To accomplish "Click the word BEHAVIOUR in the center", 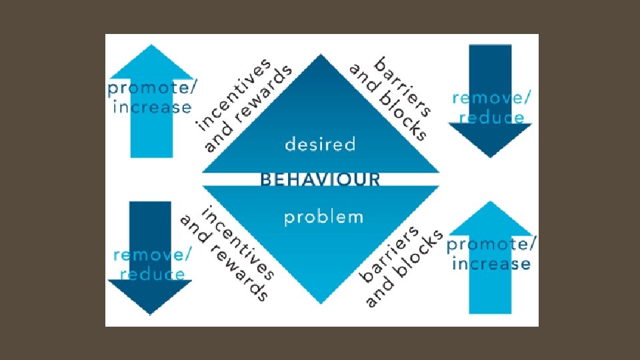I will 320,179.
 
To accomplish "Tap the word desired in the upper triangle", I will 320,144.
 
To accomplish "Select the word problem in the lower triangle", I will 323,217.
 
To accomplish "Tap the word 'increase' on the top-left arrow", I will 153,107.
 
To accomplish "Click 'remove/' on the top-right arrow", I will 492,98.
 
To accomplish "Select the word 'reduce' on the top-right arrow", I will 492,117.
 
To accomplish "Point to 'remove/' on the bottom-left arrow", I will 153,255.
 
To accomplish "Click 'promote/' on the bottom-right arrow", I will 491,244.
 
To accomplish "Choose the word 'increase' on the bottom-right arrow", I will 491,263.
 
